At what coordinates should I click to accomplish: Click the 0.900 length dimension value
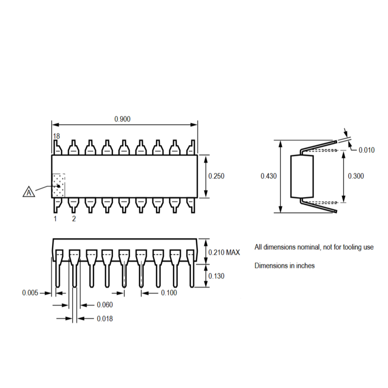pyautogui.click(x=122, y=119)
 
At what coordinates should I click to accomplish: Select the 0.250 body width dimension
pyautogui.click(x=216, y=176)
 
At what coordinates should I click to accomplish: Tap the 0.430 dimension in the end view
pyautogui.click(x=269, y=176)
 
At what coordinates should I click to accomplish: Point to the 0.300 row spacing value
pyautogui.click(x=356, y=176)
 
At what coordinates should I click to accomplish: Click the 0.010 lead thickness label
pyautogui.click(x=366, y=150)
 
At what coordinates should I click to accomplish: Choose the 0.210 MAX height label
pyautogui.click(x=224, y=253)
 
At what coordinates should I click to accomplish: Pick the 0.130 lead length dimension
pyautogui.click(x=216, y=276)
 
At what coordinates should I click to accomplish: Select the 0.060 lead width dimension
pyautogui.click(x=105, y=305)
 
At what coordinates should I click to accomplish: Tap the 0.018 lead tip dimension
pyautogui.click(x=105, y=319)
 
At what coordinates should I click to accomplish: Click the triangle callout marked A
pyautogui.click(x=29, y=191)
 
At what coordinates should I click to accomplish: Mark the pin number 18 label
pyautogui.click(x=57, y=136)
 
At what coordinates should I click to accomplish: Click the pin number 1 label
pyautogui.click(x=55, y=219)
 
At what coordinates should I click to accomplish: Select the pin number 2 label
pyautogui.click(x=74, y=219)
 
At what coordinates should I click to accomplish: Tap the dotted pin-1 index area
pyautogui.click(x=59, y=185)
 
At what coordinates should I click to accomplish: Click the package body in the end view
pyautogui.click(x=302, y=176)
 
